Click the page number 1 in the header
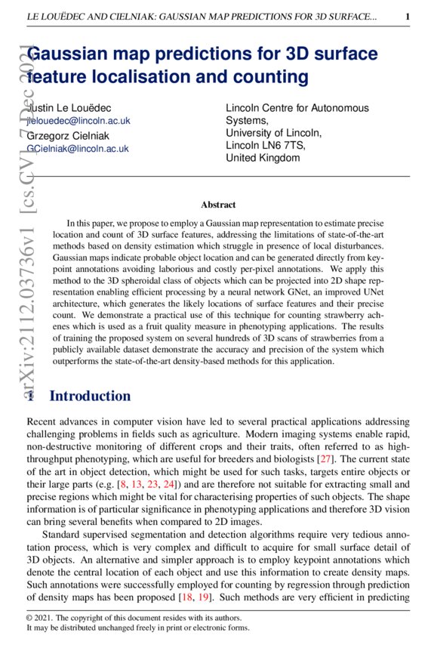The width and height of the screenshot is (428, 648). click(x=408, y=16)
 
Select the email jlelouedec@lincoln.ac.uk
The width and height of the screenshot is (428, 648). click(x=79, y=120)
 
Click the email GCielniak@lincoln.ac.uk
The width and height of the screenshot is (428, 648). click(x=78, y=149)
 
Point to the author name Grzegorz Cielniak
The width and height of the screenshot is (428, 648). click(x=68, y=135)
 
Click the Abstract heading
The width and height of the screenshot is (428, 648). click(x=218, y=205)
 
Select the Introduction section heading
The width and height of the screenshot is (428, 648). click(x=90, y=396)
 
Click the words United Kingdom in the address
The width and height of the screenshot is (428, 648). click(x=263, y=159)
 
